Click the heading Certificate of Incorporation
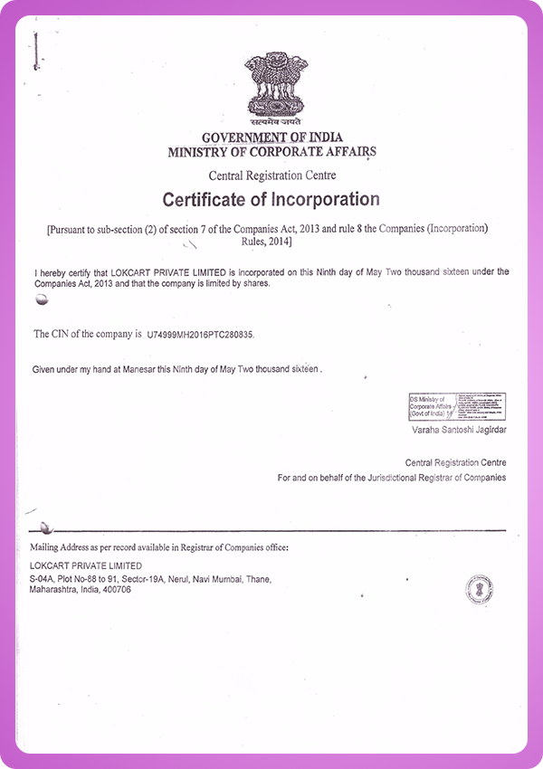(271, 199)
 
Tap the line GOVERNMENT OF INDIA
(271, 138)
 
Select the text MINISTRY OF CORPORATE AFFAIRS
(271, 152)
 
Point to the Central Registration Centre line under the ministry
(271, 176)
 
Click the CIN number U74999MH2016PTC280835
(201, 335)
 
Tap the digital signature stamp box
(456, 406)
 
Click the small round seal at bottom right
(479, 590)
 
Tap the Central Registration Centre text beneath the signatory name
(455, 461)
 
